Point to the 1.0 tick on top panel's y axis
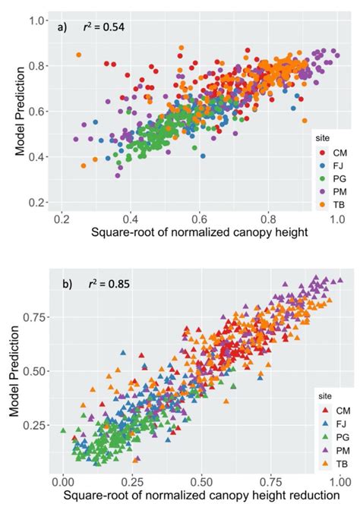pos(39,20)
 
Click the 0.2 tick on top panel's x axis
pos(62,219)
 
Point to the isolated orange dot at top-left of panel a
pos(78,55)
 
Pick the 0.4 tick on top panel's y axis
pos(39,157)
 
